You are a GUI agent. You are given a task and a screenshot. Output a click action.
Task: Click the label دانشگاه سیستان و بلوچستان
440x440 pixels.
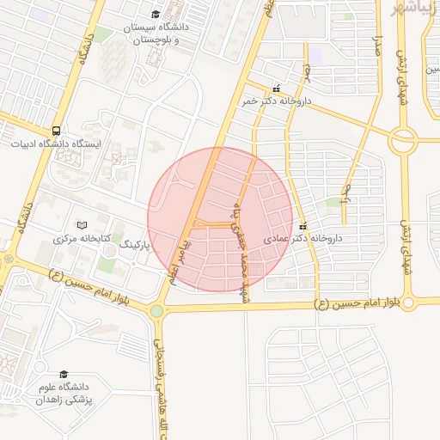[x=156, y=34]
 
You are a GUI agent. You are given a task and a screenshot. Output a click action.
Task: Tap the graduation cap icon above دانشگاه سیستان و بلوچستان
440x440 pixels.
[x=156, y=14]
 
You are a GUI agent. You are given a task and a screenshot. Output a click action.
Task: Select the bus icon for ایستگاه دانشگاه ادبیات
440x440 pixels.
[x=56, y=131]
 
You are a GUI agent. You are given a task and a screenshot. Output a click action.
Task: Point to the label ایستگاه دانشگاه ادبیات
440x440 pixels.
[x=56, y=144]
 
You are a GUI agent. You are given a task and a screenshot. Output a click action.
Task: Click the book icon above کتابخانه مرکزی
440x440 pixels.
[x=82, y=225]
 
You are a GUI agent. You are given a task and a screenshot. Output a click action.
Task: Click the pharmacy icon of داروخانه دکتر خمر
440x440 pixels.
[x=276, y=88]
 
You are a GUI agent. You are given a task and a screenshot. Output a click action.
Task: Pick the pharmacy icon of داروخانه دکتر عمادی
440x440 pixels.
[x=302, y=225]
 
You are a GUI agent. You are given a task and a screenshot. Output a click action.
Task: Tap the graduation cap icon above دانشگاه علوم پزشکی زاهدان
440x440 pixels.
[x=64, y=375]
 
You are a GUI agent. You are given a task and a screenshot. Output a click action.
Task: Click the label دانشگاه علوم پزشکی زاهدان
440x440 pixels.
[x=65, y=394]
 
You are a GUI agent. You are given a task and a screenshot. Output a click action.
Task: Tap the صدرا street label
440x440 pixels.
[x=376, y=47]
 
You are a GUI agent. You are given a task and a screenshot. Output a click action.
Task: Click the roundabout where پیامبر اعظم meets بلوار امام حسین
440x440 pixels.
[x=157, y=311]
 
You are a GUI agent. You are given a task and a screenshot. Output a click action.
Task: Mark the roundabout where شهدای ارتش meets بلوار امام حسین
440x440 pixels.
[x=409, y=302]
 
